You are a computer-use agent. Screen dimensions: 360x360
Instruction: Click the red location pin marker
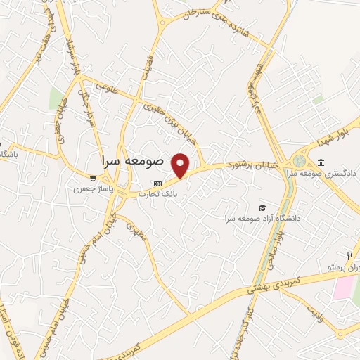pyautogui.click(x=181, y=166)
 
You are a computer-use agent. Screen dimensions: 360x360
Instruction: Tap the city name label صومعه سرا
pyautogui.click(x=131, y=160)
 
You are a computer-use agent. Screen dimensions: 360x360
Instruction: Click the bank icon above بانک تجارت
pyautogui.click(x=157, y=183)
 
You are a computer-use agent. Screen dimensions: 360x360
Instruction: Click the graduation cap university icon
pyautogui.click(x=262, y=207)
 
